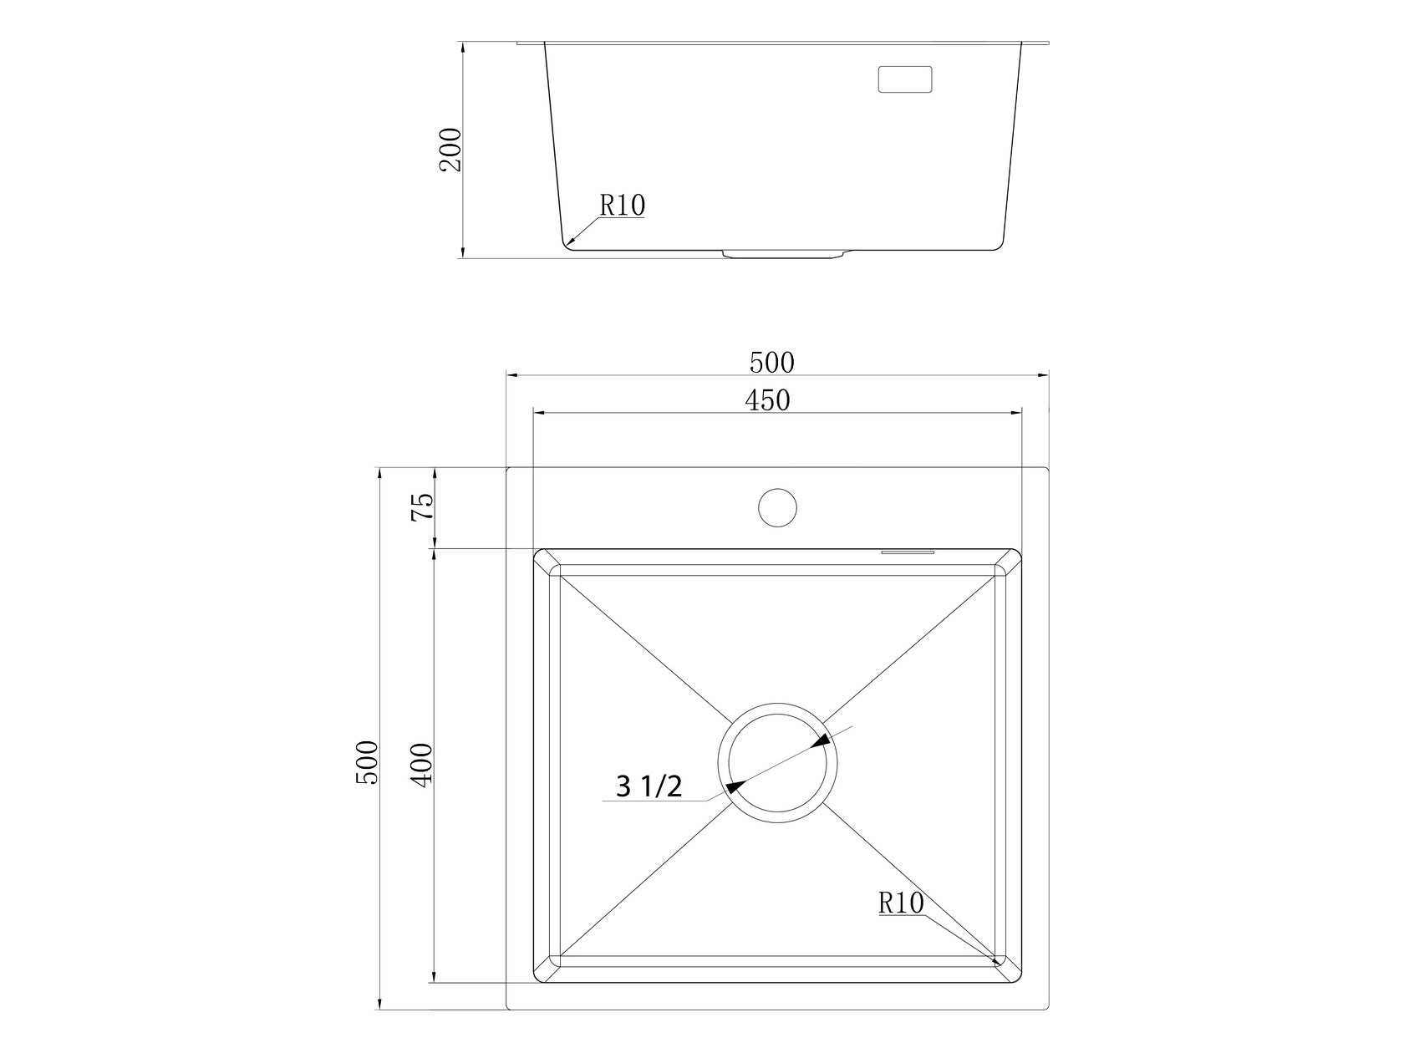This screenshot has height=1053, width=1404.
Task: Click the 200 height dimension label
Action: (x=450, y=150)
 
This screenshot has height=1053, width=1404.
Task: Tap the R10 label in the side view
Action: (x=622, y=206)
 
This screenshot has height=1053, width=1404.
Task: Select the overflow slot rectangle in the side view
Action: (x=904, y=79)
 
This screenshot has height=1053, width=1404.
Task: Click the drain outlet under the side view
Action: (x=785, y=254)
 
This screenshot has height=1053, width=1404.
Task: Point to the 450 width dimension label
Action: (x=767, y=400)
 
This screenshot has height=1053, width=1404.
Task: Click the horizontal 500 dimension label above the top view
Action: (x=771, y=364)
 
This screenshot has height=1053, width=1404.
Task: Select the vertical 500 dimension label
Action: (x=368, y=762)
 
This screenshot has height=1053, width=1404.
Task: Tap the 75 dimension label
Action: (x=423, y=507)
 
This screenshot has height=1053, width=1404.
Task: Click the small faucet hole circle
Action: (x=777, y=508)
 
